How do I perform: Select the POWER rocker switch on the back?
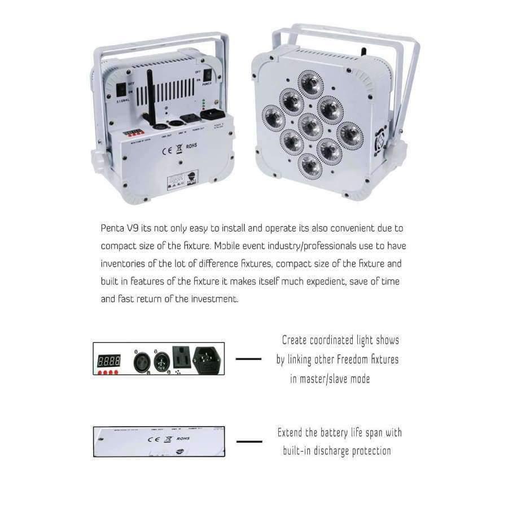208,76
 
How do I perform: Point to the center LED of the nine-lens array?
310,125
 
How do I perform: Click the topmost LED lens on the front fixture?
310,83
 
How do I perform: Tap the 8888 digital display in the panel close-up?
108,360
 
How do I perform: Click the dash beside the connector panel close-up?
248,358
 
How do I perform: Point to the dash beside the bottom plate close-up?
249,441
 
